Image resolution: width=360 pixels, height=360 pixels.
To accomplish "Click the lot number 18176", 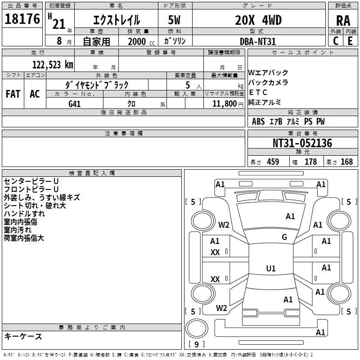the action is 22,19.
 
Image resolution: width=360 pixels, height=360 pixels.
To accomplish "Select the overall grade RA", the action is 343,21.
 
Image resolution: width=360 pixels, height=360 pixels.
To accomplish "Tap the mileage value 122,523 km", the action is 53,65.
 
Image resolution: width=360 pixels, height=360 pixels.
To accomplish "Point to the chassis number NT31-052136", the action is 302,143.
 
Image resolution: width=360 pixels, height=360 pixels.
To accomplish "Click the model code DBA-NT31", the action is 257,41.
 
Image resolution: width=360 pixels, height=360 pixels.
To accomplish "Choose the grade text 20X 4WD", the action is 258,20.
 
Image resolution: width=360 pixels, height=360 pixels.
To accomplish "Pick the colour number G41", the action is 74,104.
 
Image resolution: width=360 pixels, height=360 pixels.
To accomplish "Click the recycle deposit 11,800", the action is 224,104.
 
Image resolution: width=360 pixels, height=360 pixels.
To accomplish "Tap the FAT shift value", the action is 13,94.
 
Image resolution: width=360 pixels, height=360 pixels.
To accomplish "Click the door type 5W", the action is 174,20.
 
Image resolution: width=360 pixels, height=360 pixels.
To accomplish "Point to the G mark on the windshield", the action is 284,237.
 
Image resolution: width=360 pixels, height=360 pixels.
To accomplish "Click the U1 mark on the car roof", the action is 271,268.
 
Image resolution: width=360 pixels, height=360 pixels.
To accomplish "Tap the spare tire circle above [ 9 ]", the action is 197,328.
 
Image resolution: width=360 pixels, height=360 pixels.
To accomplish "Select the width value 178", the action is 310,162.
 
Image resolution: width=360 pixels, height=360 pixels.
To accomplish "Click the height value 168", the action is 346,162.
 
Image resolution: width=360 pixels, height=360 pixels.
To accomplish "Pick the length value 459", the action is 273,162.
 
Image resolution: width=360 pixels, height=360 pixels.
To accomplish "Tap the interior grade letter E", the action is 350,41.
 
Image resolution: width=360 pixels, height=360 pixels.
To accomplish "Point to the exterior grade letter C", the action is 336,41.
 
